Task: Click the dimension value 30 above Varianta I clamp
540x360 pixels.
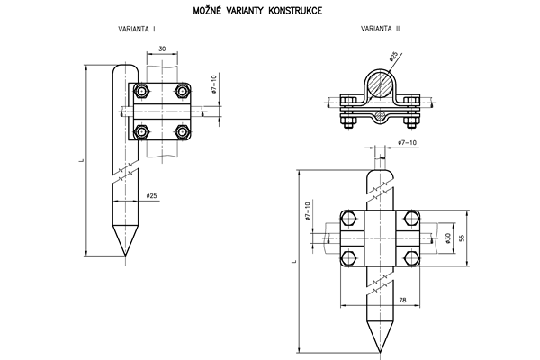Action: click(162, 48)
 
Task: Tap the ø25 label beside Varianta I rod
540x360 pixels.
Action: click(150, 195)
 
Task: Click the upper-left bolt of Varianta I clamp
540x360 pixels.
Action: click(142, 91)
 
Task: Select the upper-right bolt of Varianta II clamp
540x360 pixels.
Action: click(411, 219)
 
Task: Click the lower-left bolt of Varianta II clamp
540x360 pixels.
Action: click(347, 260)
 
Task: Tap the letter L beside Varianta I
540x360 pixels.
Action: click(80, 161)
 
